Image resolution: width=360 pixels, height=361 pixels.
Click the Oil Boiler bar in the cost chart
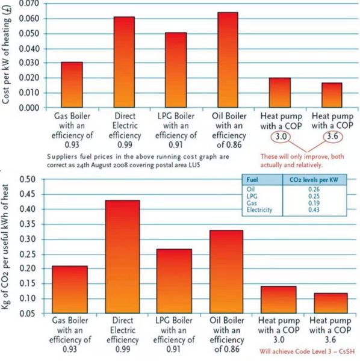(x=228, y=60)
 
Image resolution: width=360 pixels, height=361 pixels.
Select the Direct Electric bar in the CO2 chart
(x=123, y=257)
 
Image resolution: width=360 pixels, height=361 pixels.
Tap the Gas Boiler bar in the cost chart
(x=72, y=85)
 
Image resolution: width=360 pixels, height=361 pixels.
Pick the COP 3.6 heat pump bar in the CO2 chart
(x=331, y=303)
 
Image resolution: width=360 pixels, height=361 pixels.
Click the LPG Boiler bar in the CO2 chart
(x=174, y=281)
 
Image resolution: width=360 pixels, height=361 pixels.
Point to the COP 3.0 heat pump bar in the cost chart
(x=280, y=93)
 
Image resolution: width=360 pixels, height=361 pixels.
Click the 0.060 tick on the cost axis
(x=29, y=19)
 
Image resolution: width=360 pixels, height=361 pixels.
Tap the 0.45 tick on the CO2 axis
(x=28, y=194)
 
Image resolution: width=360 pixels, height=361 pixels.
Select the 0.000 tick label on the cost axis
(x=29, y=108)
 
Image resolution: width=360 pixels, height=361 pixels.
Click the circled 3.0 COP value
(x=281, y=137)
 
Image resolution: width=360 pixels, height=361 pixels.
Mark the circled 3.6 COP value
(x=332, y=137)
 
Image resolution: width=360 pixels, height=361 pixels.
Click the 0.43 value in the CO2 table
(x=314, y=210)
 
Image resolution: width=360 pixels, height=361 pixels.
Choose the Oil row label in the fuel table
(x=250, y=190)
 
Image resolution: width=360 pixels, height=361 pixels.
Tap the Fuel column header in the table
(x=252, y=180)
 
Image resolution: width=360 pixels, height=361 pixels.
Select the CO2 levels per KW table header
(x=314, y=180)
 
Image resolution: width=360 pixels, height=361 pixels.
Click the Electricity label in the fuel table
(x=259, y=210)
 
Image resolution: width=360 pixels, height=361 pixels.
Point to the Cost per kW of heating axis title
(x=6, y=55)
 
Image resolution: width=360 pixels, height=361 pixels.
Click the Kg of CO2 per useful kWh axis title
(x=5, y=247)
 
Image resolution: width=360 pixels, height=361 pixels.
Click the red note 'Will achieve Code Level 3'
(x=307, y=351)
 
